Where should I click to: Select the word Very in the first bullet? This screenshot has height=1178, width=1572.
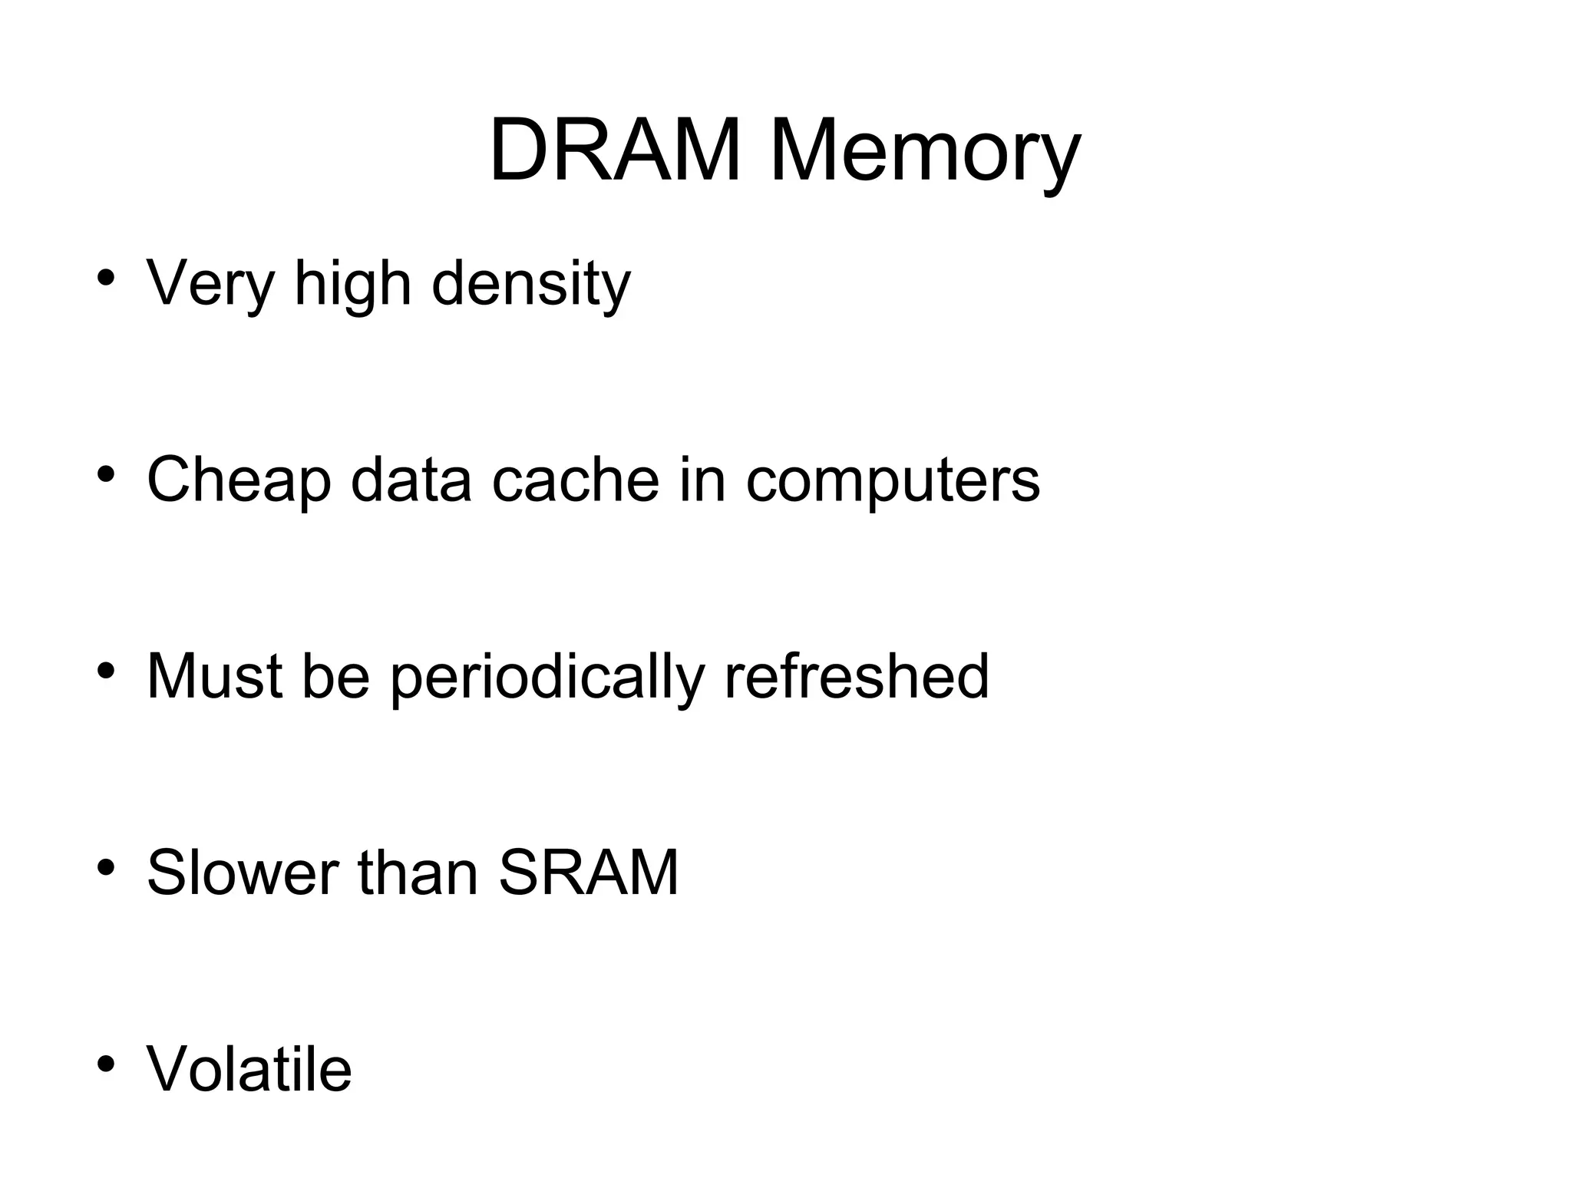click(210, 284)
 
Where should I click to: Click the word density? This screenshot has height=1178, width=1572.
click(530, 284)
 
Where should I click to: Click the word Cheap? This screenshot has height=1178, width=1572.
click(239, 480)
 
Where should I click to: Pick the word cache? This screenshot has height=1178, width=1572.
click(575, 480)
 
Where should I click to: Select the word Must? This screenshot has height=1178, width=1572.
click(214, 677)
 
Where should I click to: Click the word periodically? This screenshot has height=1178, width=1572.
click(547, 677)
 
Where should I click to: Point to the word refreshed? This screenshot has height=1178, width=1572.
click(856, 677)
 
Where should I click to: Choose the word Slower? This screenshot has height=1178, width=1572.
click(243, 873)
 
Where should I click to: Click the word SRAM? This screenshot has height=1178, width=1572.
click(589, 873)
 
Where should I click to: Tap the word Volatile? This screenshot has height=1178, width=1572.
click(249, 1069)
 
